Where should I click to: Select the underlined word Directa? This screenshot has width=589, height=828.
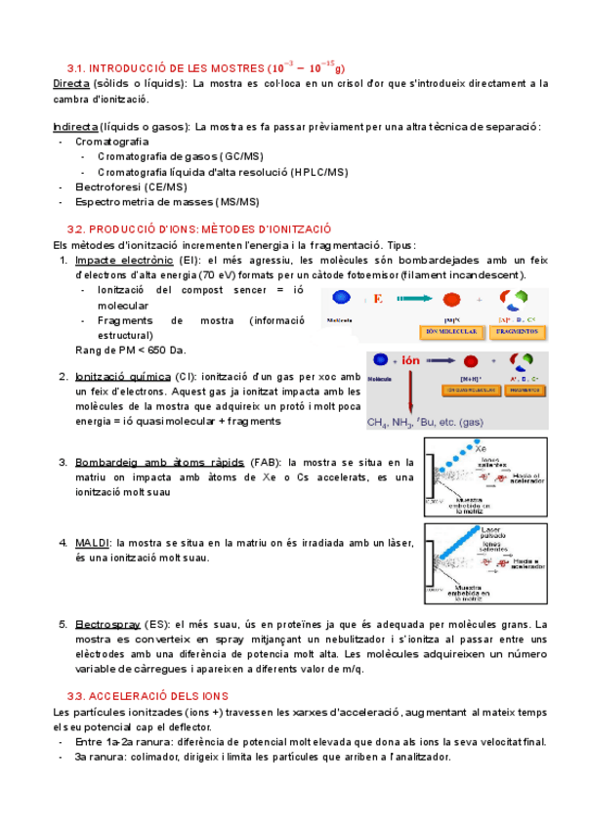(x=73, y=85)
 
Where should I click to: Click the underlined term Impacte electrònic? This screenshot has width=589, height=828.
(x=124, y=261)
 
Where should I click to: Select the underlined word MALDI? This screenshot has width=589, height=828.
(x=93, y=543)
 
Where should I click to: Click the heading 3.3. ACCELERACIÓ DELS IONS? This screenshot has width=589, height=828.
(x=147, y=696)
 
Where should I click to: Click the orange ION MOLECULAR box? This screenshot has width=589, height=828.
(x=452, y=332)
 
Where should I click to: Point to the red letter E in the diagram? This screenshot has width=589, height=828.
(x=378, y=299)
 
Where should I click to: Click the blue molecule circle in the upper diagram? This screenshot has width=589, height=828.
(x=341, y=299)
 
